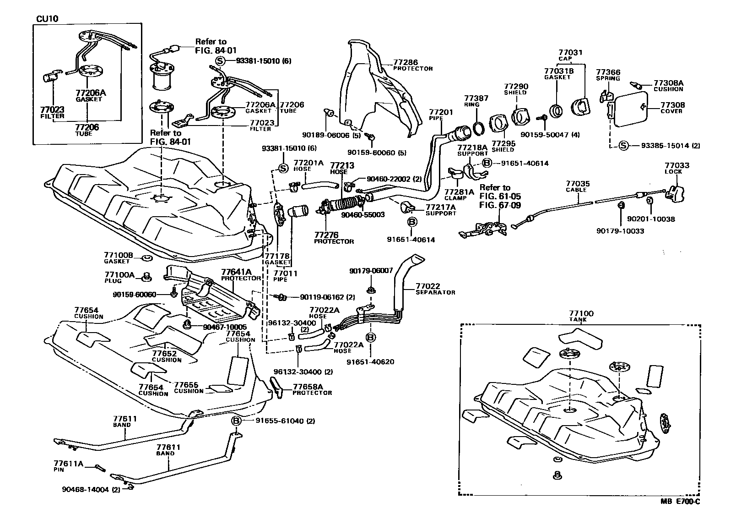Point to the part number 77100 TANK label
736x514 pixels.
[x=580, y=314]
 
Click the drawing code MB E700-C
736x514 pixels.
[x=680, y=501]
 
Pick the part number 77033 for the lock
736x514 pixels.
[x=676, y=165]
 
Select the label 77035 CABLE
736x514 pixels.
[x=578, y=184]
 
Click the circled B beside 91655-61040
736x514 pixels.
[x=236, y=421]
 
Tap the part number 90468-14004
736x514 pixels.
[x=85, y=489]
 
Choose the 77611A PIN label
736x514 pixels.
[x=68, y=464]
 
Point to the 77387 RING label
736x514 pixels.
[x=476, y=98]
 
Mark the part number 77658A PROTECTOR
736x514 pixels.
[x=308, y=387]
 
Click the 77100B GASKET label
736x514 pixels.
[x=118, y=255]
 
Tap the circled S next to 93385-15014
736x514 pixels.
[x=623, y=146]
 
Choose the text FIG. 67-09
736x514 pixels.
[x=500, y=205]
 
